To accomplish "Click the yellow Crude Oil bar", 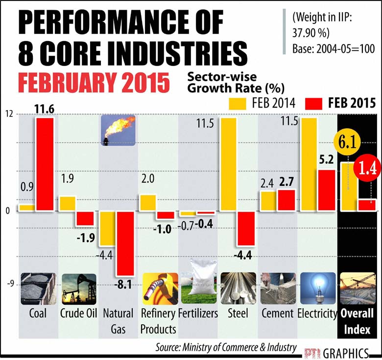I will [67, 203].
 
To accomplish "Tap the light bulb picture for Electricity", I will [317, 289].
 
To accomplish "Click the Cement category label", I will [277, 313].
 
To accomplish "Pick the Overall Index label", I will [357, 321].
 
